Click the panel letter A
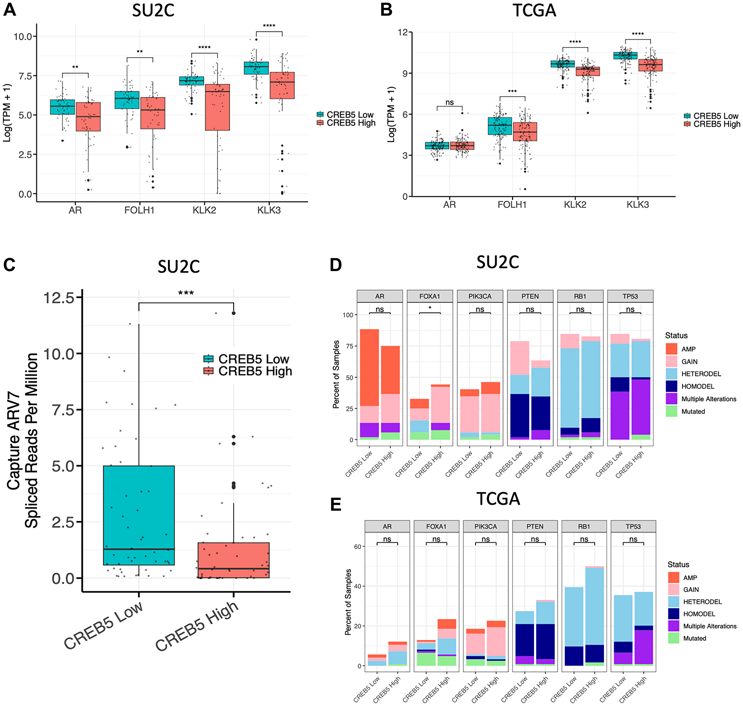click(x=9, y=9)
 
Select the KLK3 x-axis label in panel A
click(x=269, y=210)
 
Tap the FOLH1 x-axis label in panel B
click(x=512, y=205)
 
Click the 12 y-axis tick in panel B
click(x=403, y=32)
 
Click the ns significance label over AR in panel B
click(x=450, y=103)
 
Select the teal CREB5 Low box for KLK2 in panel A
click(x=192, y=81)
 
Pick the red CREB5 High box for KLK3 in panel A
click(x=282, y=85)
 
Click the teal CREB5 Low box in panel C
click(x=139, y=515)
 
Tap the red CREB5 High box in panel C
click(x=233, y=560)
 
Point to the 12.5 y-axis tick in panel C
click(x=59, y=298)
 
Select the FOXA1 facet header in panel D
click(x=429, y=297)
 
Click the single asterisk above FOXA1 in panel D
click(x=429, y=308)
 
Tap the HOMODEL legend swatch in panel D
click(x=671, y=387)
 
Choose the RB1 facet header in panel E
click(x=584, y=527)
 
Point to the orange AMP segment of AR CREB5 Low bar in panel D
click(x=369, y=368)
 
